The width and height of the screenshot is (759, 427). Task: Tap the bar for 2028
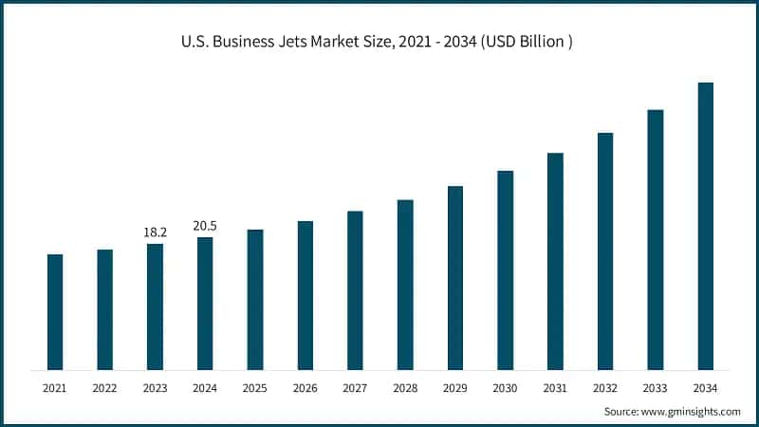pyautogui.click(x=405, y=285)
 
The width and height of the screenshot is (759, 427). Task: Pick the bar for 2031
pyautogui.click(x=555, y=261)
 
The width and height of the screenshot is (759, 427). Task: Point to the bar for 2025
pyautogui.click(x=255, y=299)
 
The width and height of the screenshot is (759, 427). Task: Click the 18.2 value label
pyautogui.click(x=155, y=232)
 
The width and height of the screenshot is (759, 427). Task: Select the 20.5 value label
pyautogui.click(x=205, y=225)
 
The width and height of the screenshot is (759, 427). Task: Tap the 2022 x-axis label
pyautogui.click(x=104, y=387)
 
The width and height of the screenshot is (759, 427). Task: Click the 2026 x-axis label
pyautogui.click(x=305, y=387)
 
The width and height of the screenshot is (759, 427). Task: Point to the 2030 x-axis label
pyautogui.click(x=505, y=387)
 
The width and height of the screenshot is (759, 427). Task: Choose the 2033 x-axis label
pyautogui.click(x=655, y=387)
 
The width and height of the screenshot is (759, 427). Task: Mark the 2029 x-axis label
pyautogui.click(x=454, y=387)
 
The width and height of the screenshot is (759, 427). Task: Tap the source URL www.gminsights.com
pyautogui.click(x=694, y=411)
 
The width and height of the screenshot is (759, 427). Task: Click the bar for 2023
pyautogui.click(x=155, y=306)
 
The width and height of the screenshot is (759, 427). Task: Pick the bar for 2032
pyautogui.click(x=605, y=251)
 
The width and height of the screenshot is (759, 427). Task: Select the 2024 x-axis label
pyautogui.click(x=205, y=387)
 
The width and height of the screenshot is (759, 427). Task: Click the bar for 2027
pyautogui.click(x=355, y=290)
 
